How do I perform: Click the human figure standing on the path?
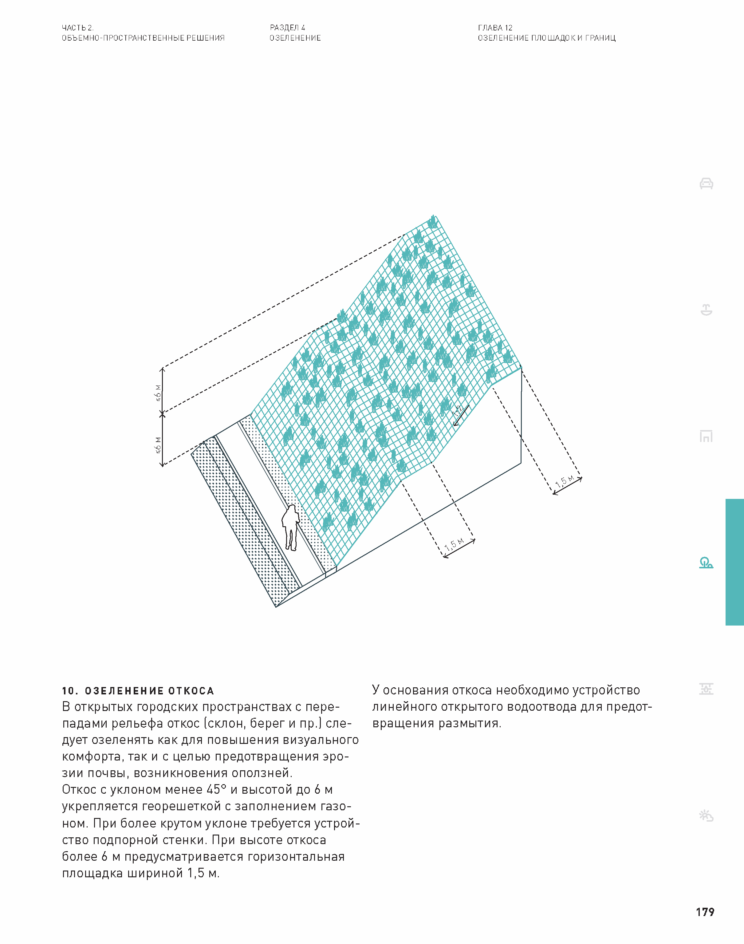(290, 527)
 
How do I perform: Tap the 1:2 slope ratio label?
(457, 410)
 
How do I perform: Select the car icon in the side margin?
(706, 184)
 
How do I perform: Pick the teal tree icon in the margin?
(706, 563)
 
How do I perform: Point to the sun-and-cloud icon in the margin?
(706, 816)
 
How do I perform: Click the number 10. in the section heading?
(70, 691)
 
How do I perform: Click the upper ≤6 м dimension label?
(158, 393)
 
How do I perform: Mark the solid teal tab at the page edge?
(734, 562)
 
